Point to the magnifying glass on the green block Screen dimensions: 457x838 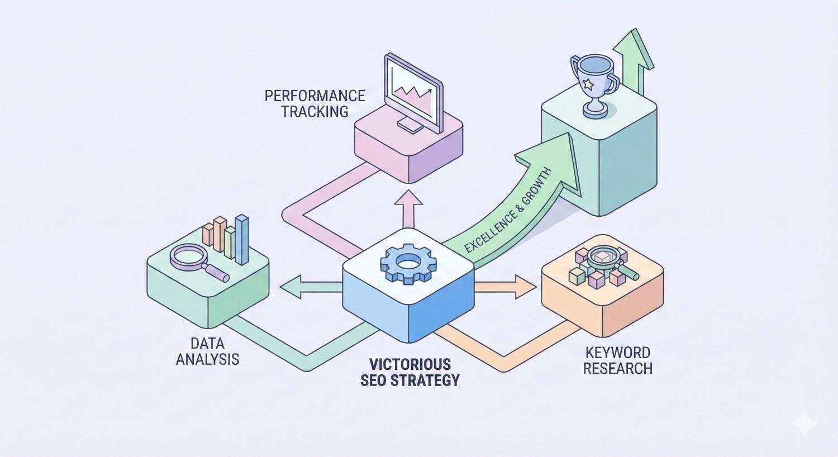coord(193,259)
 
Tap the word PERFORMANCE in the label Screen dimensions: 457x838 coord(315,96)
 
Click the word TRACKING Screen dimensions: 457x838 coord(315,111)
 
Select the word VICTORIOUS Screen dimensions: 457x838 coord(410,364)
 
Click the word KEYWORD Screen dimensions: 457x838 coord(617,353)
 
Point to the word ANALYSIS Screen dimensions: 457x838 coord(207,359)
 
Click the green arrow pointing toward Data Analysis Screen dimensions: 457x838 coord(304,287)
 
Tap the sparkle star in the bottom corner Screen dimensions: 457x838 coord(804,423)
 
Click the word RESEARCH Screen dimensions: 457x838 coord(617,368)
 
